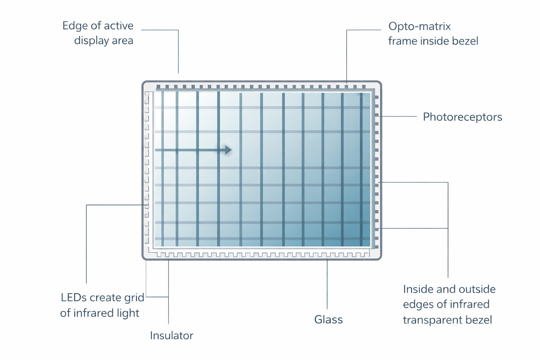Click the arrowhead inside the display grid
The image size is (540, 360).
(229, 150)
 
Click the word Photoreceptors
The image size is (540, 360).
(462, 117)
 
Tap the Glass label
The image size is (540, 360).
(328, 320)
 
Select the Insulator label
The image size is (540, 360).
(172, 336)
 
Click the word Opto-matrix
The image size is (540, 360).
(419, 26)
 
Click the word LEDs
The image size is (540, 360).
(74, 298)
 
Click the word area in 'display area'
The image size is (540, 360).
(123, 41)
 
